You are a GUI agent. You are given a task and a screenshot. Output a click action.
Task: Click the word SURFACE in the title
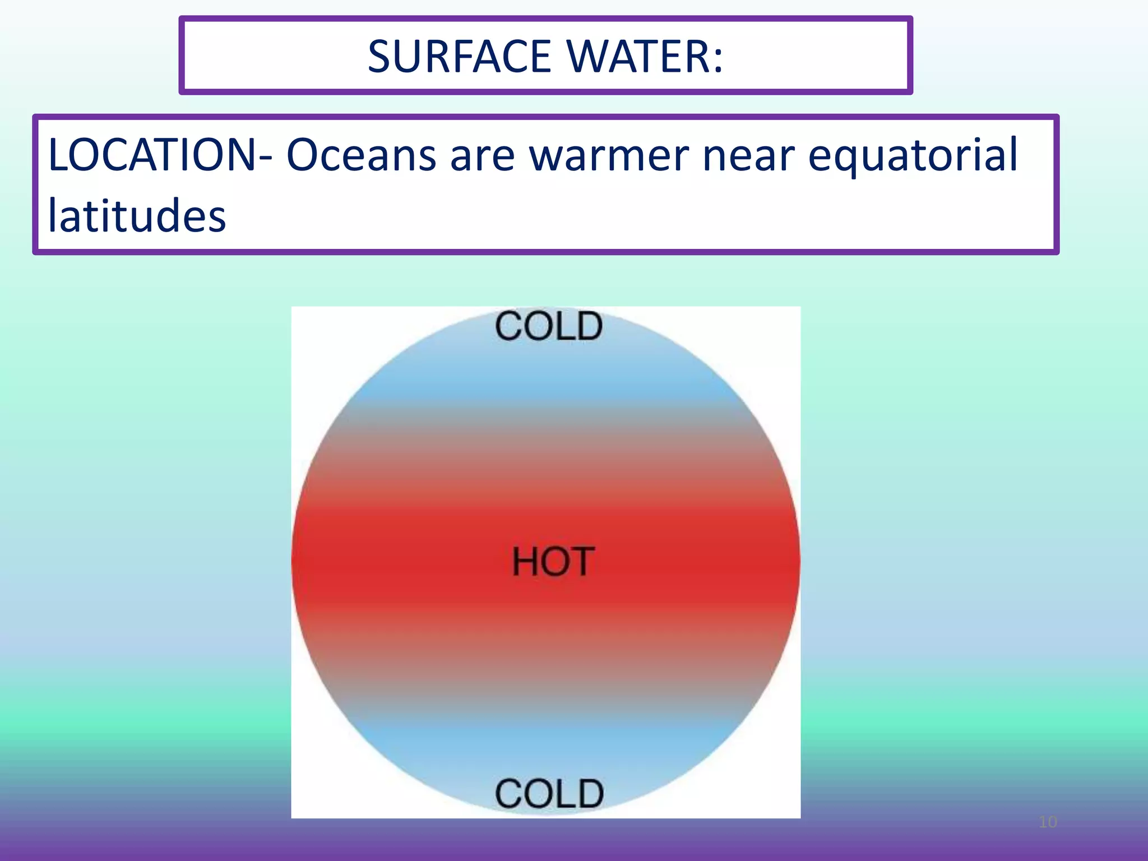[459, 57]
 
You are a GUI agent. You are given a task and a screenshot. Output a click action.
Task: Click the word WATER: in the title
[645, 57]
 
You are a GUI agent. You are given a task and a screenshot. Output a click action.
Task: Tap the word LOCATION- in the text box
[160, 155]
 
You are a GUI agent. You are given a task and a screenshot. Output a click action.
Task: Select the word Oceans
[361, 155]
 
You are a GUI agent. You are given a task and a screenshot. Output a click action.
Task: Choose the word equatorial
[913, 155]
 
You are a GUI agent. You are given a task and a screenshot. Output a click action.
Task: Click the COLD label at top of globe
[549, 326]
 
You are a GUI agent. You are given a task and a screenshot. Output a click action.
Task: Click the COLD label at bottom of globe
[549, 794]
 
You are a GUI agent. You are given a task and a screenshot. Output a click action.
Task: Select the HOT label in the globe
[553, 562]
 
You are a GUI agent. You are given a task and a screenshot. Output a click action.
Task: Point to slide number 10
[1048, 822]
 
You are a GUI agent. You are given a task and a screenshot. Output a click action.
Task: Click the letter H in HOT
[526, 562]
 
